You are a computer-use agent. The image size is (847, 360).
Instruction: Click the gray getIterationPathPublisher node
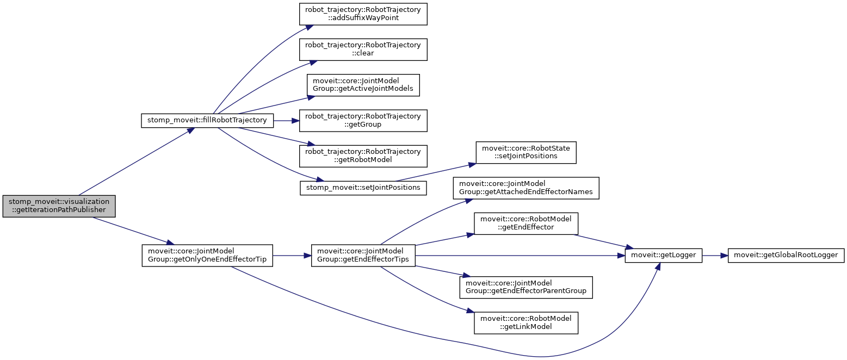[x=59, y=206]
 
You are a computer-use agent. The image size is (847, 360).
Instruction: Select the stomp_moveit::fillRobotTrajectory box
[x=207, y=120]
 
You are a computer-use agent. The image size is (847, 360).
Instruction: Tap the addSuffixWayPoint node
[x=363, y=14]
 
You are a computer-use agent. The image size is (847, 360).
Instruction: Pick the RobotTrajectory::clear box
[x=363, y=49]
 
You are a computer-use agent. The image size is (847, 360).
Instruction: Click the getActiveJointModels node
[x=363, y=85]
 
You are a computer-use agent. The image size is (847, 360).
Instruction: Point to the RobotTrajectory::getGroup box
[x=363, y=120]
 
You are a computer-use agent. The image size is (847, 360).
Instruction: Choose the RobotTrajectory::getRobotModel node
[x=363, y=156]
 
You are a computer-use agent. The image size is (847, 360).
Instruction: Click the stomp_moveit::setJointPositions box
[x=363, y=188]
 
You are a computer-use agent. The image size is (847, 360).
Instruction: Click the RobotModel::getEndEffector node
[x=526, y=223]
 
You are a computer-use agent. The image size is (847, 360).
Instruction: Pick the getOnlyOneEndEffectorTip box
[x=207, y=255]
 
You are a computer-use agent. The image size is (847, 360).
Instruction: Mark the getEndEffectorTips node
[x=363, y=255]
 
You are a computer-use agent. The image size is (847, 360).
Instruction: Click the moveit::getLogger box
[x=664, y=255]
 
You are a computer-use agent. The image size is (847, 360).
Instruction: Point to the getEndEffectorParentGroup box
[x=526, y=287]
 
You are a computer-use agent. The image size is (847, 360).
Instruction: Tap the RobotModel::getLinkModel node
[x=526, y=322]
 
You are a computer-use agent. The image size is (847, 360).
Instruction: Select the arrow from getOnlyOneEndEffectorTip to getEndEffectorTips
[x=291, y=255]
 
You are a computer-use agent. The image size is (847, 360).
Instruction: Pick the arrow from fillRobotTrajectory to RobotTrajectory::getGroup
[x=286, y=120]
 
